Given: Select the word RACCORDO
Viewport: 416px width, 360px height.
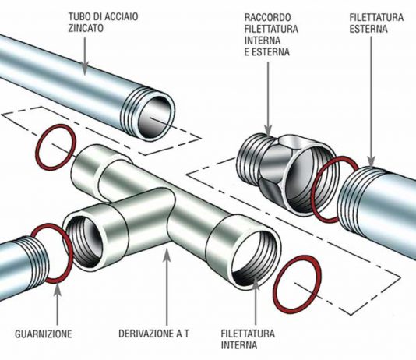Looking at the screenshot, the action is tap(267, 17).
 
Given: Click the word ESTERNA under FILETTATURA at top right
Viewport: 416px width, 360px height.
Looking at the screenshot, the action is tap(368, 29).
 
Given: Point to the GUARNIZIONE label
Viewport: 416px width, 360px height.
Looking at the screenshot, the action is tap(44, 334).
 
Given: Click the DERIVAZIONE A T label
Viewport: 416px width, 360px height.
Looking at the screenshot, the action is tap(154, 334).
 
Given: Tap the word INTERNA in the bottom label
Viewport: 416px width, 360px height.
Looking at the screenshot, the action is tap(239, 345).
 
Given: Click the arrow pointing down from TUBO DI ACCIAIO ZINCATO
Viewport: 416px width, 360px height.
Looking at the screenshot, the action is tap(85, 55).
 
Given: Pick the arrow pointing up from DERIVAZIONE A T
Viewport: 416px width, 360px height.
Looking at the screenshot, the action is tap(167, 287).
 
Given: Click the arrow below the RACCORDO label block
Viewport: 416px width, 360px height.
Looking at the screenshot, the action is tap(268, 99).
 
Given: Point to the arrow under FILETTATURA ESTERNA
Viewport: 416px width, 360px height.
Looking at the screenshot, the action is tap(371, 101).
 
